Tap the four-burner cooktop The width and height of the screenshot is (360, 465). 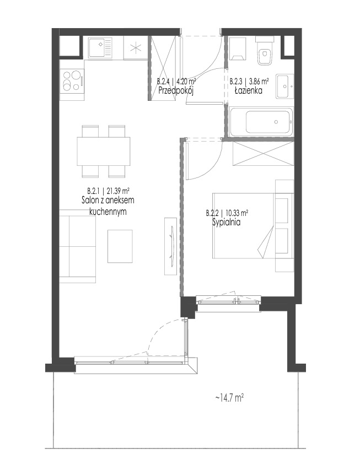click(x=72, y=81)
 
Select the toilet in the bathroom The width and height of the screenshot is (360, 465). click(x=265, y=51)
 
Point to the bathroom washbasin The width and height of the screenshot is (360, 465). click(x=285, y=86)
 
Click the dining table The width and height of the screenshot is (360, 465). click(x=104, y=152)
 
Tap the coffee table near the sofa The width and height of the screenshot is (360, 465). click(x=120, y=246)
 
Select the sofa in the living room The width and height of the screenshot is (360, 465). click(x=78, y=246)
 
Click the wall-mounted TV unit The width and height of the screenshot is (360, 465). click(x=171, y=246)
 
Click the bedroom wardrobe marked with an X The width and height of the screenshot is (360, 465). click(x=264, y=153)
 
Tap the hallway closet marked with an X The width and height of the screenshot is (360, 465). click(x=164, y=68)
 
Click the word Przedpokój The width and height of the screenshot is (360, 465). click(x=176, y=91)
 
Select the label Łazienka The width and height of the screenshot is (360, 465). click(x=248, y=90)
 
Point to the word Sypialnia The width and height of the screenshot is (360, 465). click(x=226, y=223)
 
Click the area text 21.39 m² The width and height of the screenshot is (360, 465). click(x=118, y=191)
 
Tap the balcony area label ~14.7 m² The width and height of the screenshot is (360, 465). click(x=229, y=397)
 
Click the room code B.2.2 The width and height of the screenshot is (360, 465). click(x=212, y=213)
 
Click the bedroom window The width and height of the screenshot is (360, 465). click(x=229, y=302)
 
